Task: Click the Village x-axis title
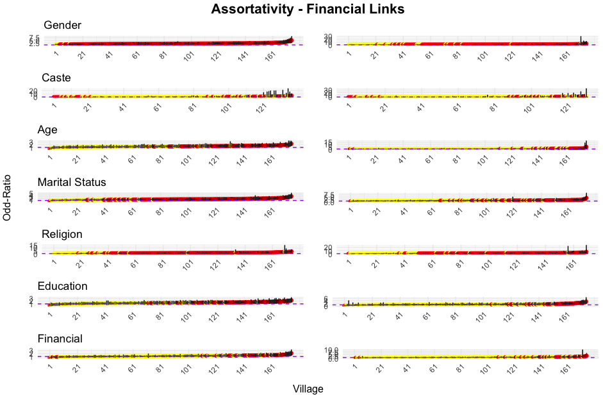pyautogui.click(x=308, y=389)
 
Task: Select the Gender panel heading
pyautogui.click(x=62, y=25)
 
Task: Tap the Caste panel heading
pyautogui.click(x=56, y=78)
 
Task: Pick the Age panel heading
pyautogui.click(x=47, y=130)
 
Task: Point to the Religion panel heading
pyautogui.click(x=62, y=234)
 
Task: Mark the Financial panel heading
pyautogui.click(x=60, y=339)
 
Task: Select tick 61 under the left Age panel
pyautogui.click(x=133, y=160)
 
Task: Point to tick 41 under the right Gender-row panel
pyautogui.click(x=402, y=55)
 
